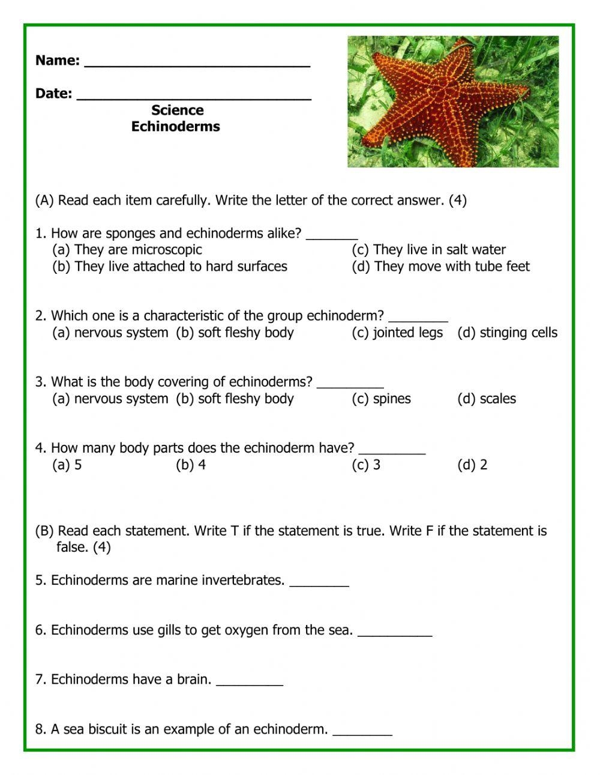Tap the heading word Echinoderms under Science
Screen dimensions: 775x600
(x=176, y=127)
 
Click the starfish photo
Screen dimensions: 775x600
(x=453, y=101)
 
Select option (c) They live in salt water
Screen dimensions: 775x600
(x=428, y=250)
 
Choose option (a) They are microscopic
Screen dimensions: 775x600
(x=127, y=250)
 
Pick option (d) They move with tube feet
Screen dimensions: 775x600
(x=440, y=267)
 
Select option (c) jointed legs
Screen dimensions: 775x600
(x=397, y=333)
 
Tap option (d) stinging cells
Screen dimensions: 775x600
(x=507, y=333)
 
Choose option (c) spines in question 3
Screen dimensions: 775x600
(x=381, y=399)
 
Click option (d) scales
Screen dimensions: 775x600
(x=487, y=399)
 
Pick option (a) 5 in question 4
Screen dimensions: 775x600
(x=67, y=465)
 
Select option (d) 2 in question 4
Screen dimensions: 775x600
(x=472, y=465)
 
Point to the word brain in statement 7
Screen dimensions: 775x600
(x=194, y=680)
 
